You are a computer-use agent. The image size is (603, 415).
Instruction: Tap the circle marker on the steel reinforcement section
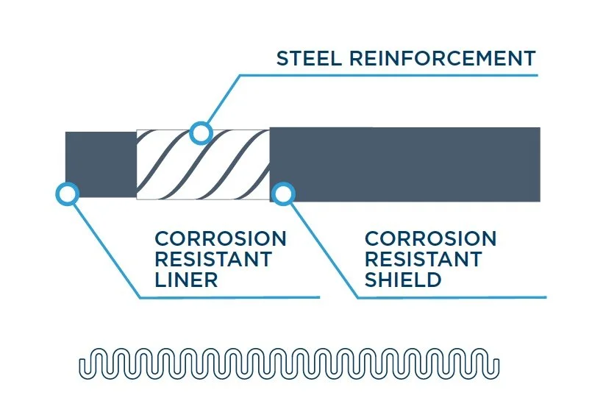(200, 133)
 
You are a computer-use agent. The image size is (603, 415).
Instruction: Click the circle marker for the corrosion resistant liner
(67, 194)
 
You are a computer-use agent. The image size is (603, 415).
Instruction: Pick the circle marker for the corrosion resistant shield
(283, 194)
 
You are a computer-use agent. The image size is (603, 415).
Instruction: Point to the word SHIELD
(403, 280)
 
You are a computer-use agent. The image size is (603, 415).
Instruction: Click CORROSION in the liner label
(220, 239)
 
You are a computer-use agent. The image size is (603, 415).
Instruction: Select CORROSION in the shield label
(430, 239)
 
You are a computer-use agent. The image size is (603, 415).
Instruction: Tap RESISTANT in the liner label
(213, 259)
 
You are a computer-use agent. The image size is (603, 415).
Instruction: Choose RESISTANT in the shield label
(423, 259)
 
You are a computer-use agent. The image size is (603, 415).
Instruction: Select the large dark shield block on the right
(404, 164)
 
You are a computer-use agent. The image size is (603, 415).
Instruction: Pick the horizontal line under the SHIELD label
(452, 297)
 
